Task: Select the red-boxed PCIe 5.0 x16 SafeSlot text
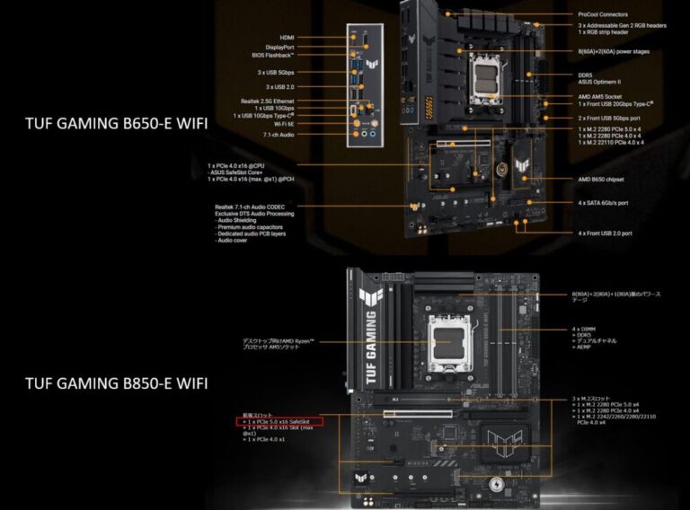tap(280, 420)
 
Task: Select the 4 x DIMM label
tap(584, 330)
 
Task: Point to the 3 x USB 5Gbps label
tap(280, 72)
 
